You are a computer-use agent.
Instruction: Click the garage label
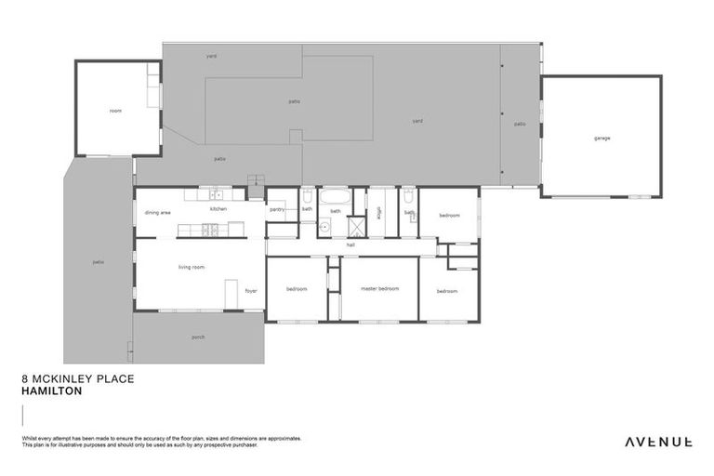602,139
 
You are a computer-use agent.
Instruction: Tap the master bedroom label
379,289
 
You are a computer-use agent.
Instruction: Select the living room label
192,267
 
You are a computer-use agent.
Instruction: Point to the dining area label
157,213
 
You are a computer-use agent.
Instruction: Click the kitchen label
218,209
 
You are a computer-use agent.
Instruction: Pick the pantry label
276,209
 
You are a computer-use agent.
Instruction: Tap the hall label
350,245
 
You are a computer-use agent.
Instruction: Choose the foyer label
250,291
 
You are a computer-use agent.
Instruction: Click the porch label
198,337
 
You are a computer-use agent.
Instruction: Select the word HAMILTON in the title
51,391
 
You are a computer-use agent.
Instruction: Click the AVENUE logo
657,442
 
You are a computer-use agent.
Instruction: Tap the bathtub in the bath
335,197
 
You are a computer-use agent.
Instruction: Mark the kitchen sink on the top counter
215,195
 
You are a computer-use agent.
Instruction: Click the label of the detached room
115,111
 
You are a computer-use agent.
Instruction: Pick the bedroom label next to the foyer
297,289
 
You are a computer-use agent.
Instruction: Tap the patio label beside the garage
520,124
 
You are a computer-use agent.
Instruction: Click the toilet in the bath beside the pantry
307,196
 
